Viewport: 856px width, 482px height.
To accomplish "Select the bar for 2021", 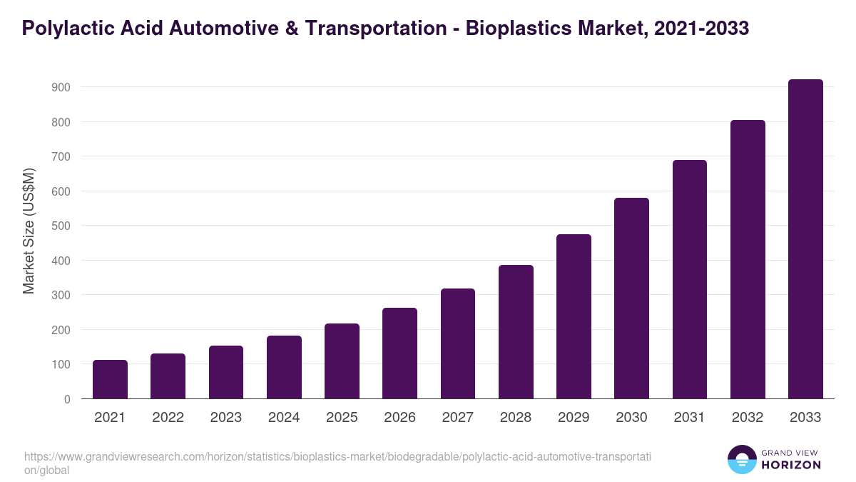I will point(110,379).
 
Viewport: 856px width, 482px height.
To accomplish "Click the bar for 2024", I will point(284,367).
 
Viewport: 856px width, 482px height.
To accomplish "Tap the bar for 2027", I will point(458,343).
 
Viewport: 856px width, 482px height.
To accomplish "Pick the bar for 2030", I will point(631,298).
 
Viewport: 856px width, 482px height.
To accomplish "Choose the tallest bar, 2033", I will point(805,239).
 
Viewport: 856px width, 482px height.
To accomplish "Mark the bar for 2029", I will point(574,316).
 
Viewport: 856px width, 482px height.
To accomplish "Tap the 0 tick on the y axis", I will point(67,399).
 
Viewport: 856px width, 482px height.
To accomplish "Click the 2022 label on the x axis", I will point(168,418).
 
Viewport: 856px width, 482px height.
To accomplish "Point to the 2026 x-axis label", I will point(399,418).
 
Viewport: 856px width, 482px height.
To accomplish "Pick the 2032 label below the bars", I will point(748,418).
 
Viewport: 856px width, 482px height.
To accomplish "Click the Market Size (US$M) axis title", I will point(29,231).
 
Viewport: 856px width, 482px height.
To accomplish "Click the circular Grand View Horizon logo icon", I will point(741,459).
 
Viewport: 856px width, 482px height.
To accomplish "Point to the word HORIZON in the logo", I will point(790,465).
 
